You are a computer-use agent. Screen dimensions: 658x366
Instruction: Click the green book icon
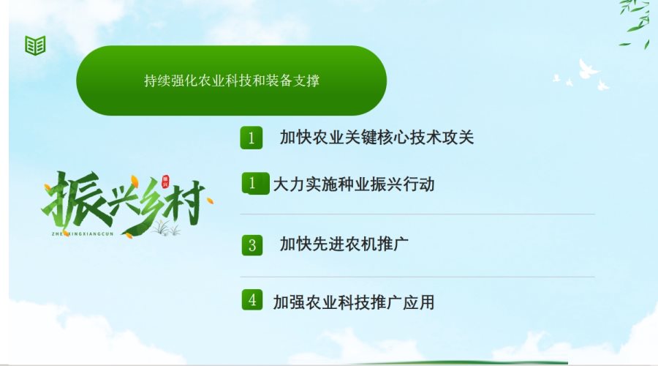click(35, 45)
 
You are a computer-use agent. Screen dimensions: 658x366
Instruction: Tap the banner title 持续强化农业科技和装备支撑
click(232, 81)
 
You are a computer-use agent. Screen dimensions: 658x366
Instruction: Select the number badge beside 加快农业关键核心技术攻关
click(252, 138)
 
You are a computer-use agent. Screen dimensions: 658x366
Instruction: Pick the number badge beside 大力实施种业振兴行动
click(255, 183)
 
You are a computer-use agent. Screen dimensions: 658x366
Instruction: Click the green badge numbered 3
click(252, 245)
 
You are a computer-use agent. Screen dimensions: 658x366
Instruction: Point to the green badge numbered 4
click(252, 299)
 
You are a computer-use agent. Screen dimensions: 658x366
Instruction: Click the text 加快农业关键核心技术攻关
click(377, 138)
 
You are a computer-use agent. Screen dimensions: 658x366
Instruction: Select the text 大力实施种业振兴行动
click(354, 184)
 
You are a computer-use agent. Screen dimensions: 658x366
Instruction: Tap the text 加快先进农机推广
click(344, 244)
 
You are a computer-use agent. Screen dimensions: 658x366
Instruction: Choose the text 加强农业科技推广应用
click(354, 302)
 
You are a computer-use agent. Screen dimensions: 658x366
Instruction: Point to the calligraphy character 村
click(186, 202)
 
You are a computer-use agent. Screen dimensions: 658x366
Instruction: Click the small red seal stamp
click(165, 181)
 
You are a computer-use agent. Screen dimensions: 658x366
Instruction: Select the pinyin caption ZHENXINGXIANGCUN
click(83, 234)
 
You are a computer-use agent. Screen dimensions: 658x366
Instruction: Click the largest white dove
click(586, 69)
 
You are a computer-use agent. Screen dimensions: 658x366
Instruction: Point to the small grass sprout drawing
click(166, 228)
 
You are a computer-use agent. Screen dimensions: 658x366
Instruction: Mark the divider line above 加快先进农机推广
click(417, 214)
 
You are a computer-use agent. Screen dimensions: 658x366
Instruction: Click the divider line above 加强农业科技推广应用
click(417, 277)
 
